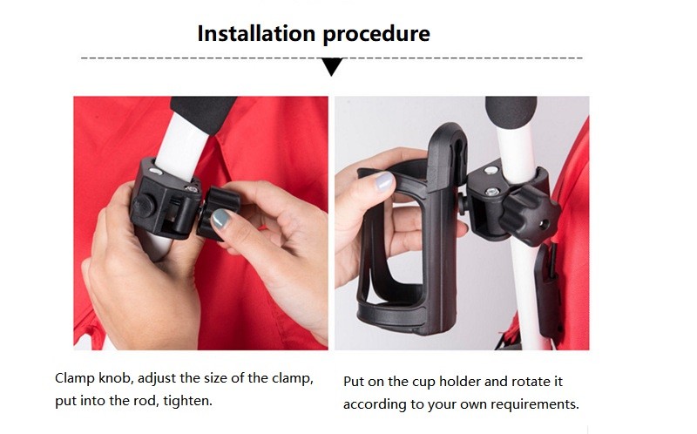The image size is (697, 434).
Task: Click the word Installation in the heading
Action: [x=256, y=33]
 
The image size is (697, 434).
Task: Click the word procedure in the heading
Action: [x=376, y=35]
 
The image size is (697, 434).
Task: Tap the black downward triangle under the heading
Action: [x=332, y=67]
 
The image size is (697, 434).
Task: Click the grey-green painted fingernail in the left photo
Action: [x=220, y=220]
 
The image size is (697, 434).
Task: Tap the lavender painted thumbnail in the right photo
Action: [x=384, y=181]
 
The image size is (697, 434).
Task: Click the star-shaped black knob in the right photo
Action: [x=530, y=215]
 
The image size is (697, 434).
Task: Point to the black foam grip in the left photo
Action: [x=204, y=113]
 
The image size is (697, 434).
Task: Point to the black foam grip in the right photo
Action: [x=511, y=112]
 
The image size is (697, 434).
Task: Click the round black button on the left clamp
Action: [x=143, y=206]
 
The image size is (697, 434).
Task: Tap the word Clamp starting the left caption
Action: [x=74, y=378]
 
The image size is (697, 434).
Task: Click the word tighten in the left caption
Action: [x=186, y=401]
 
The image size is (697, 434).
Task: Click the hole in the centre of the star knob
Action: [x=543, y=222]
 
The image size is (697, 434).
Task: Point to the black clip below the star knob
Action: [x=547, y=285]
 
